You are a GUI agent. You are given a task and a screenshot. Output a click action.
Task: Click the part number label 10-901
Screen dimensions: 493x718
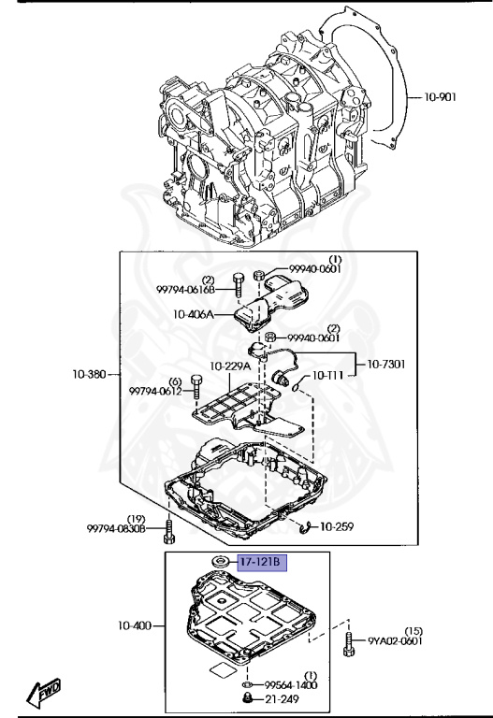tap(440, 97)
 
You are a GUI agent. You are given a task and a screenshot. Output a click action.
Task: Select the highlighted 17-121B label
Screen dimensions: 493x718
tap(262, 563)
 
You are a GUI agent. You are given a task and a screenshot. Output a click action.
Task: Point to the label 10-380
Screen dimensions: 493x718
tap(89, 374)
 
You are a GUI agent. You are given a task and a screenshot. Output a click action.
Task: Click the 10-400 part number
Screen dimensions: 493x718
tap(135, 625)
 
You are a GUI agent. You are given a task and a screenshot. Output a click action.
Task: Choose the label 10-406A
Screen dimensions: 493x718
tap(193, 314)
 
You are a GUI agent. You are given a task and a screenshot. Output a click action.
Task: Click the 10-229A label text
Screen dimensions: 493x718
tap(230, 366)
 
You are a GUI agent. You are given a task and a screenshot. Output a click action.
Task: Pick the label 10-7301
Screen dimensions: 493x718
tap(386, 365)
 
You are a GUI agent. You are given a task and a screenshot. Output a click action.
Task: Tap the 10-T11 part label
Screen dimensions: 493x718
tap(327, 376)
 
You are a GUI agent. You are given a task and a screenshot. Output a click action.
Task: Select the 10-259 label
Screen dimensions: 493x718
tap(337, 527)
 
